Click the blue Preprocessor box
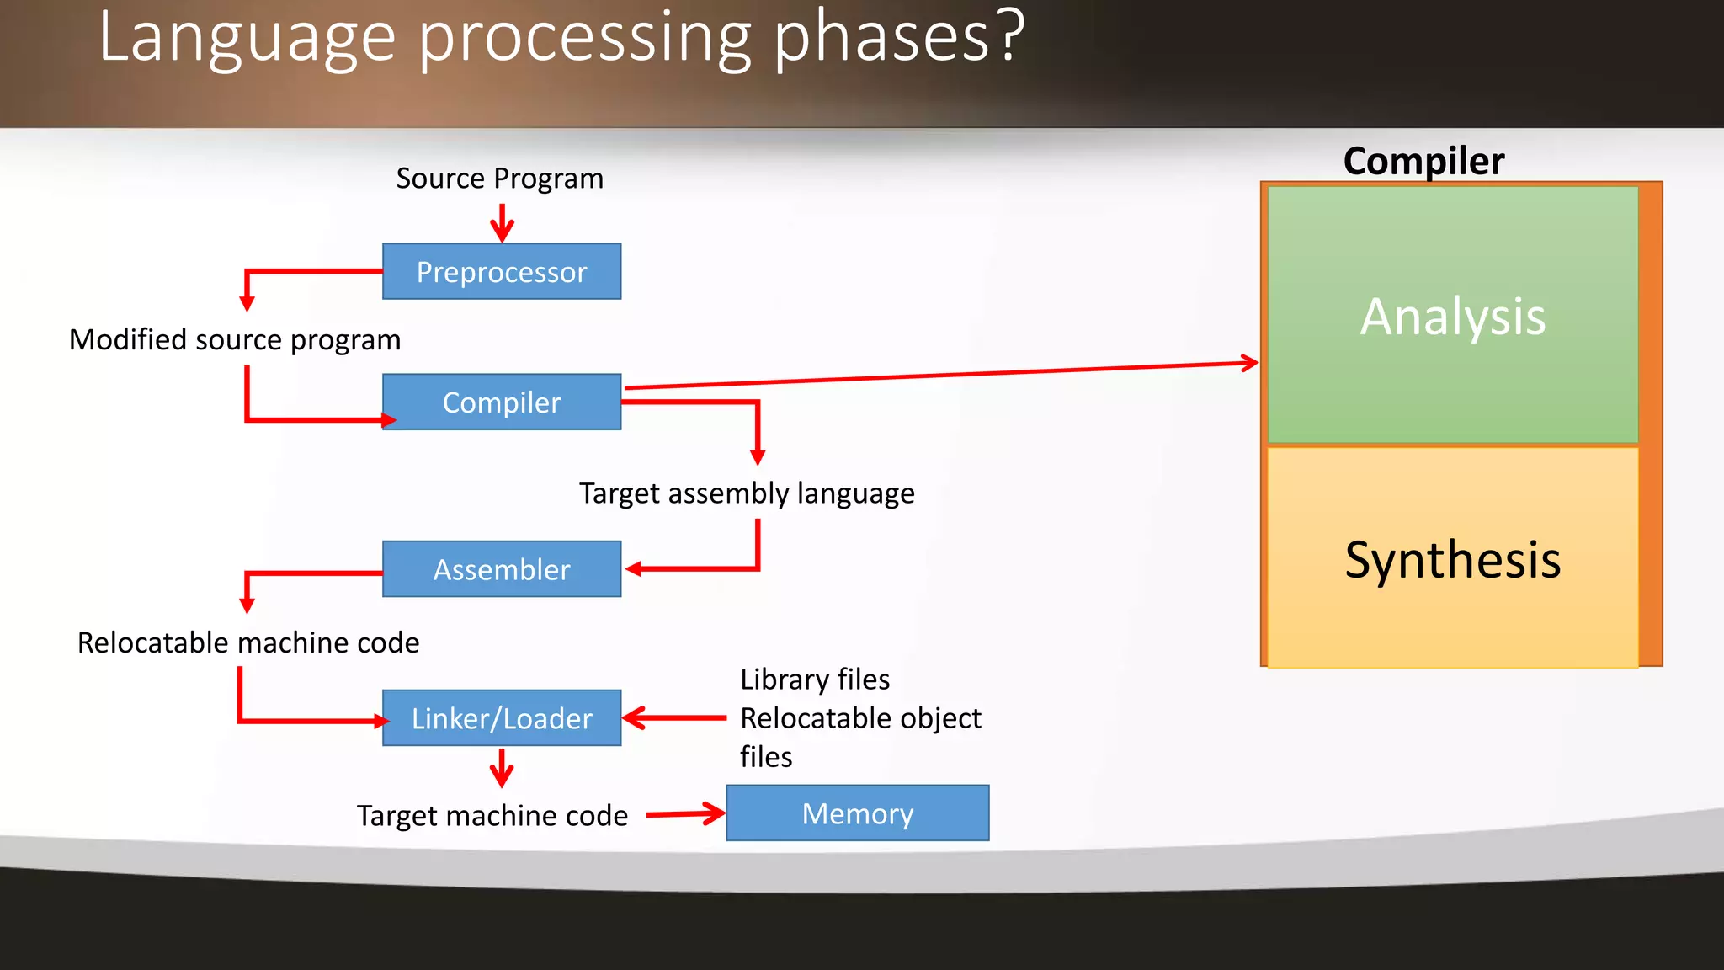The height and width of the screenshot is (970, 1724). tap(502, 271)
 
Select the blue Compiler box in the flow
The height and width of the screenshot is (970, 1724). tap(502, 402)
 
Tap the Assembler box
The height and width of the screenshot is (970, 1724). tap(502, 569)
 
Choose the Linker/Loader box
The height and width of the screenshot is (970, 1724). tap(502, 718)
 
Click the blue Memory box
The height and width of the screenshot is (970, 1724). tap(857, 813)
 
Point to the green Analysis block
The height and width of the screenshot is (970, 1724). tap(1452, 316)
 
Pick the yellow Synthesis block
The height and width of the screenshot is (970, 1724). tap(1452, 558)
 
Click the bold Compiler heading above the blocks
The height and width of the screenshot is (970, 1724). tap(1423, 161)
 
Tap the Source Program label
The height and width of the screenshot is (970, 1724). tap(499, 179)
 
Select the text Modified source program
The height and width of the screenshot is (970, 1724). tap(235, 339)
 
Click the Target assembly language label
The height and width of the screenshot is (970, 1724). tap(746, 493)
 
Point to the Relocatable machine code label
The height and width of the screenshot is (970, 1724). tap(248, 642)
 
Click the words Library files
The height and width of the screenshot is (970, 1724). tap(814, 680)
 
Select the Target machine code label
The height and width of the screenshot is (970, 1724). tap(492, 815)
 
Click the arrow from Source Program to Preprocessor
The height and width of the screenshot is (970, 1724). tap(502, 223)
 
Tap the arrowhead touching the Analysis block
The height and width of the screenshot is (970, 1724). tap(1249, 363)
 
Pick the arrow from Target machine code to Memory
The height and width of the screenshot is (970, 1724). tap(685, 814)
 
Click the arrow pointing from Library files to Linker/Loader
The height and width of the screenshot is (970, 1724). tap(673, 718)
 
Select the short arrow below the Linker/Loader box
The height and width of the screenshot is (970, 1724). tap(502, 768)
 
